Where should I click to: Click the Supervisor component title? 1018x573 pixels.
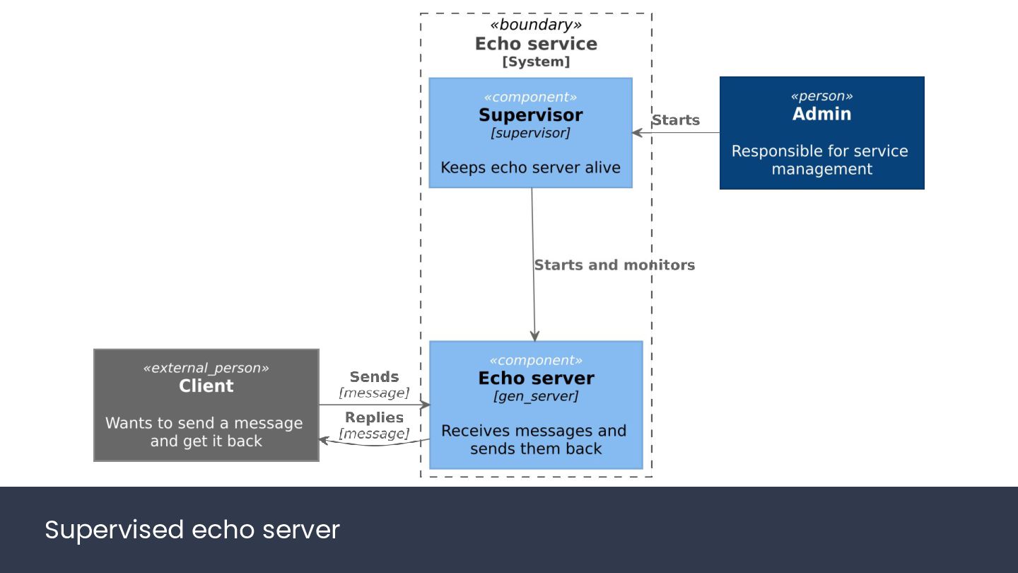pyautogui.click(x=530, y=115)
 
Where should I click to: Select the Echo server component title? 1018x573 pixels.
pyautogui.click(x=536, y=378)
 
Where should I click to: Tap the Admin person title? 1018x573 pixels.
pyautogui.click(x=821, y=114)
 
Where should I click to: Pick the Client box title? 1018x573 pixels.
pyautogui.click(x=206, y=386)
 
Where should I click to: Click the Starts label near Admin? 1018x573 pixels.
pyautogui.click(x=676, y=120)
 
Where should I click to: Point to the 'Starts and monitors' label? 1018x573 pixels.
pyautogui.click(x=614, y=265)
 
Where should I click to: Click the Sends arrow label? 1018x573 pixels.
pyautogui.click(x=374, y=376)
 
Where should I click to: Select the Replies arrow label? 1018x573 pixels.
pyautogui.click(x=374, y=417)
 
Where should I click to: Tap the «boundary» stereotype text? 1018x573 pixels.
pyautogui.click(x=536, y=25)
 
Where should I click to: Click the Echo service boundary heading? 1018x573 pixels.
pyautogui.click(x=536, y=44)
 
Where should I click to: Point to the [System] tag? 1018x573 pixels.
pyautogui.click(x=536, y=62)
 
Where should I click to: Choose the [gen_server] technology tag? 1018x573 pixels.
pyautogui.click(x=536, y=396)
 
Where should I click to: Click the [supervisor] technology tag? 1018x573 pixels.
pyautogui.click(x=530, y=133)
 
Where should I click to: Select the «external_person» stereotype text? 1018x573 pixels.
pyautogui.click(x=206, y=368)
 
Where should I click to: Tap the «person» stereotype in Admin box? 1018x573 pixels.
pyautogui.click(x=821, y=96)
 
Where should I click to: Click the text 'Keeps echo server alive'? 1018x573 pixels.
pyautogui.click(x=530, y=168)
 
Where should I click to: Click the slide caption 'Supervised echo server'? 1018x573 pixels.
pyautogui.click(x=192, y=530)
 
